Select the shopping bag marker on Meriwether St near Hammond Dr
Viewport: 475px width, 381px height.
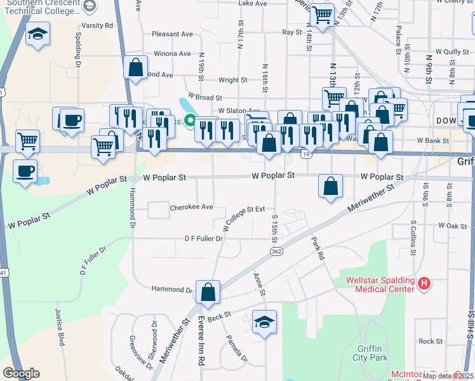pyautogui.click(x=208, y=293)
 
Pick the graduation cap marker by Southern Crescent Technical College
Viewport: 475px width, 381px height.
pyautogui.click(x=38, y=33)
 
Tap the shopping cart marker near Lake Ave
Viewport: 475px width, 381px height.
pyautogui.click(x=323, y=14)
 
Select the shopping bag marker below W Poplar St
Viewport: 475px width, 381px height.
pyautogui.click(x=330, y=187)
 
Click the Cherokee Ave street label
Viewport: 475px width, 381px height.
pyautogui.click(x=191, y=208)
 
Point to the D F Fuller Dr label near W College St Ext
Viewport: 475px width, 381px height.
pyautogui.click(x=203, y=239)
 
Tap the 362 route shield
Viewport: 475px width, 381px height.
pyautogui.click(x=276, y=251)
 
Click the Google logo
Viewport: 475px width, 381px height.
pyautogui.click(x=21, y=373)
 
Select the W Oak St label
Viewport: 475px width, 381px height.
pyautogui.click(x=452, y=225)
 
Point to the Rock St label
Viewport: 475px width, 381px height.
pyautogui.click(x=431, y=342)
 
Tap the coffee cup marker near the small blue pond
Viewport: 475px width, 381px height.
pyautogui.click(x=25, y=171)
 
